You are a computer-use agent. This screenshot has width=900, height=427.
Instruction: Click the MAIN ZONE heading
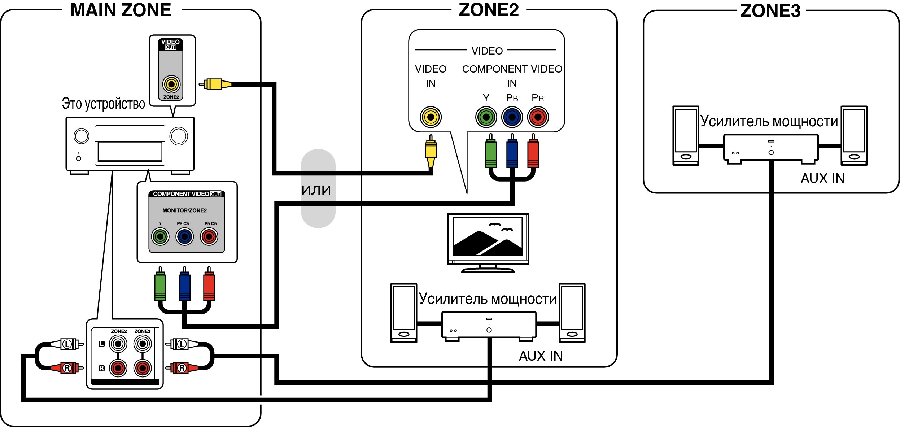[121, 10]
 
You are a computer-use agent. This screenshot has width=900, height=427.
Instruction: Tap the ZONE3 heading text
[770, 11]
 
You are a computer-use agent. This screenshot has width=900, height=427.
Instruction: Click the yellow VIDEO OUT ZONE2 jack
[171, 84]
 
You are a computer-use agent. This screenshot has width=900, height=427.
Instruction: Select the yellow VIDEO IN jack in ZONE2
[431, 117]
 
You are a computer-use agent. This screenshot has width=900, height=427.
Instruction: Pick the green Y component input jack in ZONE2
[486, 117]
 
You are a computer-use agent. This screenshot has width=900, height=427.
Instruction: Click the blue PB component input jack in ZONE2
[512, 117]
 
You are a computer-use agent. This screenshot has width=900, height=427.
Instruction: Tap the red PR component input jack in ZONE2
[538, 117]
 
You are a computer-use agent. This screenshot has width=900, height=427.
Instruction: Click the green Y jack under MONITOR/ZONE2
[160, 237]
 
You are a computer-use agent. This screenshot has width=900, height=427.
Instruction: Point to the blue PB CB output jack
[185, 237]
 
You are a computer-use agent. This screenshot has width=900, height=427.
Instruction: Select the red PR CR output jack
[209, 237]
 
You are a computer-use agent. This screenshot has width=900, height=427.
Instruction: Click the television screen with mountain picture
[488, 237]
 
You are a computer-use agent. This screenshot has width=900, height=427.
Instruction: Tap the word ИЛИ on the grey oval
[316, 190]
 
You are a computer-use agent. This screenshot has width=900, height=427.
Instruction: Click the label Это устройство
[103, 104]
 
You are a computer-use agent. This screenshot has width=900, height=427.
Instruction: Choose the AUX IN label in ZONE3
[822, 178]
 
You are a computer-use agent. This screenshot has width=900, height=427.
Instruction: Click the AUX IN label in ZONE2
[541, 356]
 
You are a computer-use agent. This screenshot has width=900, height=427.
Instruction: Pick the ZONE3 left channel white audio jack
[143, 344]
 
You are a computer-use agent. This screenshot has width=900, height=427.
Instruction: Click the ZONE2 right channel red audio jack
[118, 368]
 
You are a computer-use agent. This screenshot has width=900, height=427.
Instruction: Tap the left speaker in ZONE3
[686, 136]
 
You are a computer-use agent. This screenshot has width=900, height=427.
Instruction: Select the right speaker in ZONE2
[572, 313]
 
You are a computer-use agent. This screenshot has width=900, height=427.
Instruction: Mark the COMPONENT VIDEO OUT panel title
[187, 194]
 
